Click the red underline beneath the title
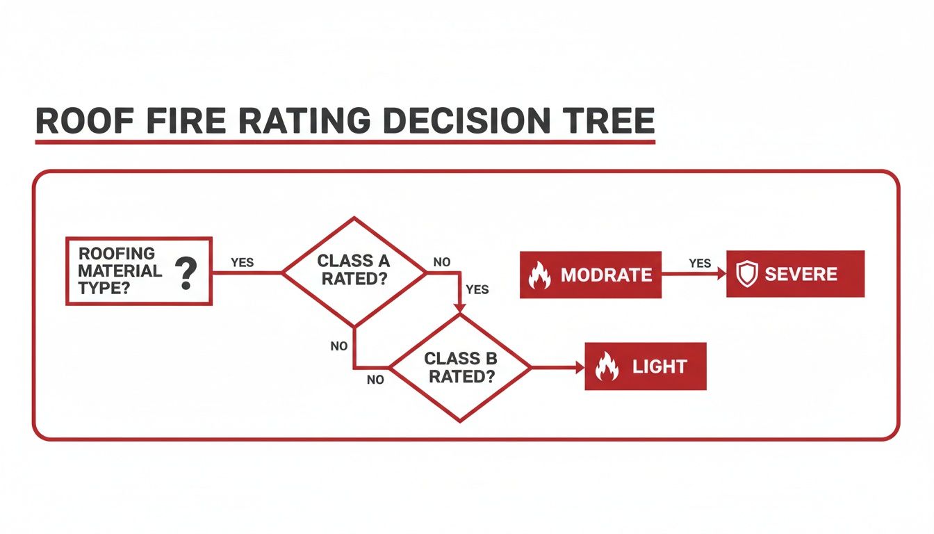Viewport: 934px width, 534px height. pyautogui.click(x=345, y=143)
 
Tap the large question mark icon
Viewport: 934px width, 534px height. pyautogui.click(x=185, y=273)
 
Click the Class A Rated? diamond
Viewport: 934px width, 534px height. pyautogui.click(x=354, y=271)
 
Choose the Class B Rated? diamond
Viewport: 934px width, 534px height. pyautogui.click(x=461, y=367)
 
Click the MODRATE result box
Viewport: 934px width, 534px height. pyautogui.click(x=591, y=275)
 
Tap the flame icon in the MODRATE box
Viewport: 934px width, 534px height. pyautogui.click(x=539, y=275)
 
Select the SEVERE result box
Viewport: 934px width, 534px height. pyautogui.click(x=795, y=274)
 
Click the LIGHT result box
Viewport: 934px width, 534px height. pyautogui.click(x=646, y=366)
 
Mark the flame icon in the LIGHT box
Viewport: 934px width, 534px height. pyautogui.click(x=607, y=366)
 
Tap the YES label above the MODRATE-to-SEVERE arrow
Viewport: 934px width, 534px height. pyautogui.click(x=700, y=263)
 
